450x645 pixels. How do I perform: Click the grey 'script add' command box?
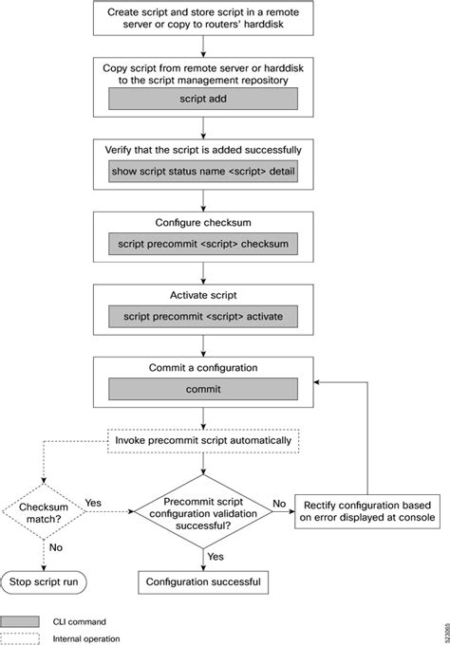(x=203, y=99)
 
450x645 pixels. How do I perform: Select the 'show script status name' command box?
(x=203, y=171)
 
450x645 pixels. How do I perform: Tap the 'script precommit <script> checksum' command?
(x=203, y=244)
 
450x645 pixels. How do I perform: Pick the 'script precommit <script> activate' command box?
(x=203, y=316)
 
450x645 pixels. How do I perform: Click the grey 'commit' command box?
(x=203, y=389)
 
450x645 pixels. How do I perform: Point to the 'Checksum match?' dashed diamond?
(x=44, y=511)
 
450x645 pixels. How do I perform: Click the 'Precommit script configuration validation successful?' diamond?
(x=203, y=511)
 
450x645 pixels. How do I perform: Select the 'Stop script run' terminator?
(x=44, y=582)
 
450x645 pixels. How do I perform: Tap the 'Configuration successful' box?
(x=203, y=582)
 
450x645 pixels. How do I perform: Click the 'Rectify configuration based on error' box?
(x=367, y=511)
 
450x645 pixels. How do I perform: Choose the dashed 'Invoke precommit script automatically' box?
(x=203, y=441)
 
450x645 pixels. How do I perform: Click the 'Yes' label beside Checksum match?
(x=93, y=503)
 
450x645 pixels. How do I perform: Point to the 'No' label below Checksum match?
(x=56, y=547)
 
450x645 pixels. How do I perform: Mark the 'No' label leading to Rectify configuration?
(x=279, y=504)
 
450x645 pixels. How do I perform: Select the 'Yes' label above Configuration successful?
(x=216, y=557)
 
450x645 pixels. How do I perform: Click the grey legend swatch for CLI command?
(x=19, y=621)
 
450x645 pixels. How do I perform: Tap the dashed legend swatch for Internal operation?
(x=19, y=638)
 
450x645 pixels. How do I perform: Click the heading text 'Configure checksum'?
(x=203, y=223)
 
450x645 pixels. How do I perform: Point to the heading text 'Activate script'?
(x=203, y=295)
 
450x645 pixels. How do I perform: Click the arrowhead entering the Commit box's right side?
(x=316, y=382)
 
